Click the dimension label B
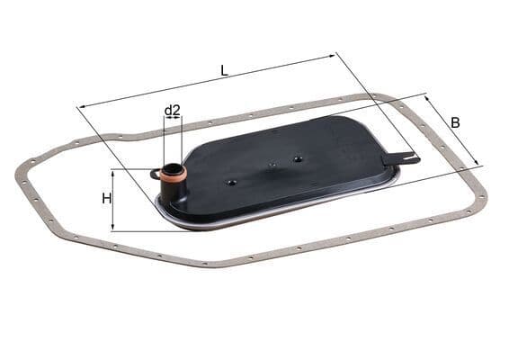[455, 122]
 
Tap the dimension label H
[106, 198]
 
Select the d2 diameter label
[173, 111]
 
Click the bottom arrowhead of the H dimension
[113, 229]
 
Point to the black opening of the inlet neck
[171, 167]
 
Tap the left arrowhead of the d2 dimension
[165, 119]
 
